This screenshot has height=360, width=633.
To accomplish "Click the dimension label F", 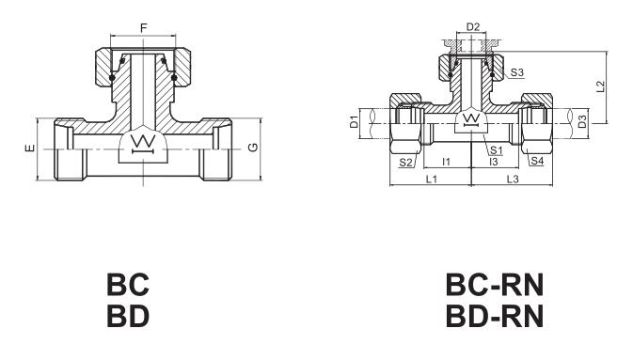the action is click(144, 28).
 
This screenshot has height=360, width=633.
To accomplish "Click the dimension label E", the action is click(30, 149).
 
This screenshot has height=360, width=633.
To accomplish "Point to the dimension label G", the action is click(253, 148).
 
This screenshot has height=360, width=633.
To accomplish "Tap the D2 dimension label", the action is click(473, 27).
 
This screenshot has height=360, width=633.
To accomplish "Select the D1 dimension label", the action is click(354, 121).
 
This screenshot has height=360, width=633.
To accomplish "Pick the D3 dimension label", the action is click(581, 121).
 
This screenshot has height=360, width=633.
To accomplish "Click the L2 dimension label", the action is click(601, 86).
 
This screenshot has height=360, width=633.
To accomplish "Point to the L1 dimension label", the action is click(432, 179).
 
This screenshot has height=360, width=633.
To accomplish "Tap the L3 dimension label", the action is click(513, 179).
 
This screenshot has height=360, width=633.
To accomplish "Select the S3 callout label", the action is click(516, 72).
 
